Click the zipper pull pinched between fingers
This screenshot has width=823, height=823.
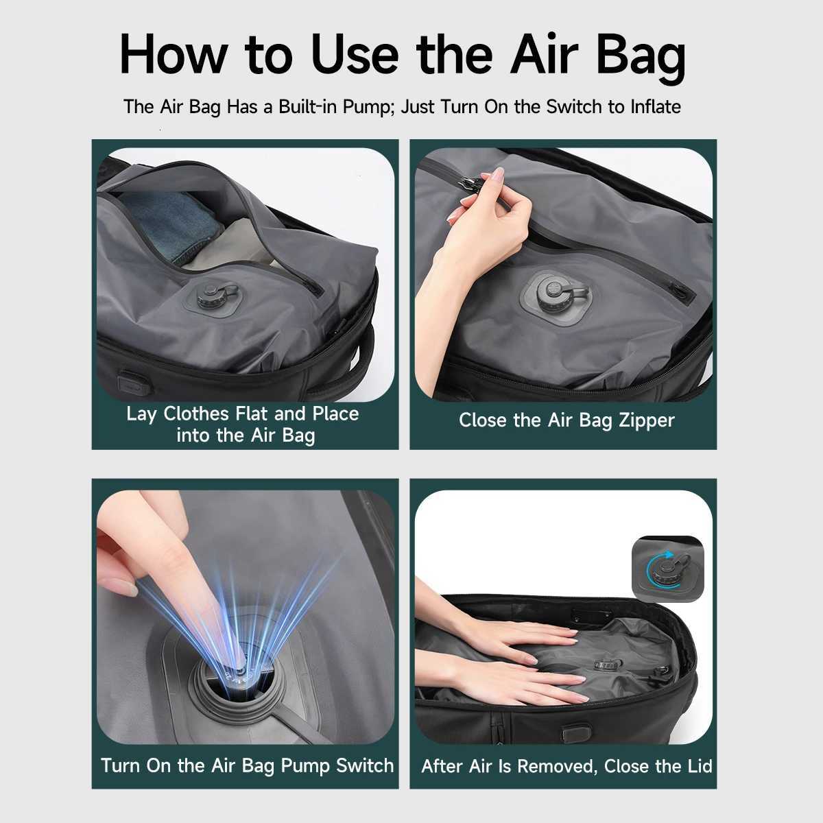[470, 184]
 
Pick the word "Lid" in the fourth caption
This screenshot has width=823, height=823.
[700, 766]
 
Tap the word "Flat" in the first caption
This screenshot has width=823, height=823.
[252, 414]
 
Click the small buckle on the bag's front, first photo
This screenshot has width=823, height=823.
[133, 382]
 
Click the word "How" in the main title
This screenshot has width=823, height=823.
[173, 56]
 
